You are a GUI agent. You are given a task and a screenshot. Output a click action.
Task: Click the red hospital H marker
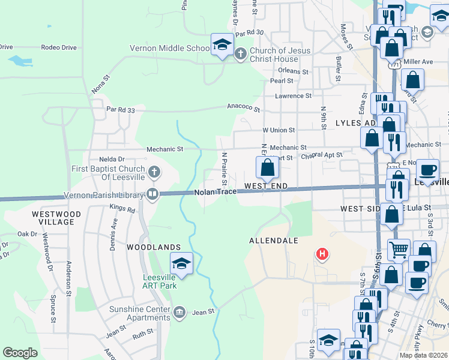pos(322,254)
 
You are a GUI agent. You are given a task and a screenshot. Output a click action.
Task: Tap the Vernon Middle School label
pos(170,49)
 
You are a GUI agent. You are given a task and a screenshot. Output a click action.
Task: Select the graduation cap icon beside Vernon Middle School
pos(221,45)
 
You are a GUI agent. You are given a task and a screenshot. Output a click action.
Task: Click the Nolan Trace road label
pos(214,192)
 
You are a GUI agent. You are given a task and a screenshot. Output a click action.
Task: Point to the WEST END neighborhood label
pos(264,187)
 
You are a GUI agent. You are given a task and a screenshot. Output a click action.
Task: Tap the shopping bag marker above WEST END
pos(268,167)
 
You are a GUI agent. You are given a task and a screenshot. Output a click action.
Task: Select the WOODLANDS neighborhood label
pos(154,247)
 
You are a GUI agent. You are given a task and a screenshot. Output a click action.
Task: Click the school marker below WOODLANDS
pos(181,263)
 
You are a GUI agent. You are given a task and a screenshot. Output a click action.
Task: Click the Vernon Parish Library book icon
pos(152,194)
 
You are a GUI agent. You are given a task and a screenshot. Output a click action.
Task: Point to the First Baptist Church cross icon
pos(154,173)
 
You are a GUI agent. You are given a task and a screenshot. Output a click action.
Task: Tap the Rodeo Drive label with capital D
pos(59,47)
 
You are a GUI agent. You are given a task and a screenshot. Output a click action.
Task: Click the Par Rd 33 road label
pos(121,109)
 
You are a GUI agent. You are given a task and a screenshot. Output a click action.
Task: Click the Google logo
pos(20,353)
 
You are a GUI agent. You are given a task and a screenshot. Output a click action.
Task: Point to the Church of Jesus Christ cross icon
pos(240,55)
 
